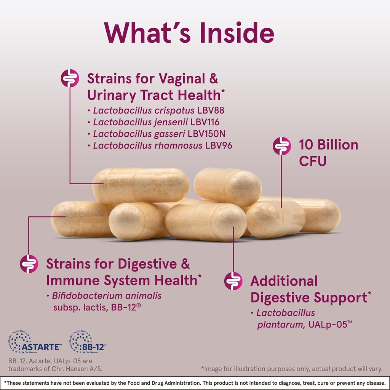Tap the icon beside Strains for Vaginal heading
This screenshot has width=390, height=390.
tap(70, 78)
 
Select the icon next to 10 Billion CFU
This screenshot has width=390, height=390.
tap(282, 146)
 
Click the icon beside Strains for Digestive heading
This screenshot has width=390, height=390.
tap(29, 264)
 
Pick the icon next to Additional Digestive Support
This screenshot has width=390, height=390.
tap(233, 281)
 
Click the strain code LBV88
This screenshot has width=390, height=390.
tap(211, 110)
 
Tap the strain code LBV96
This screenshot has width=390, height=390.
tap(219, 145)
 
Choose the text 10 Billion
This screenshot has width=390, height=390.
tap(328, 145)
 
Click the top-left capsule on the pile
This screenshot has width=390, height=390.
tap(141, 185)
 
